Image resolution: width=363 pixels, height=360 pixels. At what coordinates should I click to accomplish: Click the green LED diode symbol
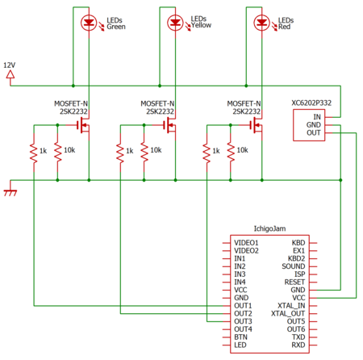click(89, 23)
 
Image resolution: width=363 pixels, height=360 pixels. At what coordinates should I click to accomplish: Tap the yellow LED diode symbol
click(175, 23)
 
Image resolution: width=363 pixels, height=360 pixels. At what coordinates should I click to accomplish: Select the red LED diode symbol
click(262, 23)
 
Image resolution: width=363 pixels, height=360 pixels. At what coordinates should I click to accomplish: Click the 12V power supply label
click(10, 65)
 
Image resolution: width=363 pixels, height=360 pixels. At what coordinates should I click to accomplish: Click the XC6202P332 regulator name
click(311, 103)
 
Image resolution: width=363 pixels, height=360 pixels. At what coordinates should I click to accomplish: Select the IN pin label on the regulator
click(317, 117)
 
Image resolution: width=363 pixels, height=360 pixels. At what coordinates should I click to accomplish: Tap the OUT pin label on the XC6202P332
click(314, 132)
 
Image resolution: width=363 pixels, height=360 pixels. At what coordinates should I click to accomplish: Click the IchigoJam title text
click(269, 228)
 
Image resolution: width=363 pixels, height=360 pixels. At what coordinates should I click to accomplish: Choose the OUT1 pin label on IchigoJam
click(243, 306)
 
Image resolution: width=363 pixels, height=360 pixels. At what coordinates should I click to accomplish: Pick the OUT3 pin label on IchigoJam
click(243, 321)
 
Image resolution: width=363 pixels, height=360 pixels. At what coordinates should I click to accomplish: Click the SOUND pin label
click(294, 266)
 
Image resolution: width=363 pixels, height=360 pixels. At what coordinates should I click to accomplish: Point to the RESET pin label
click(294, 282)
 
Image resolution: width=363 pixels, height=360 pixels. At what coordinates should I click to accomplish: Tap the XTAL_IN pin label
click(291, 306)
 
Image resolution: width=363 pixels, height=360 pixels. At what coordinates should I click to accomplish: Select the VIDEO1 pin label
click(246, 243)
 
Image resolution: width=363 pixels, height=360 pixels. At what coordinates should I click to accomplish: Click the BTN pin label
click(240, 337)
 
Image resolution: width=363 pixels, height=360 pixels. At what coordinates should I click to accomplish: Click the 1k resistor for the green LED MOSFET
click(34, 153)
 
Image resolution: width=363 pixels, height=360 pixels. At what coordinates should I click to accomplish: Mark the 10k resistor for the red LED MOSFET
click(231, 153)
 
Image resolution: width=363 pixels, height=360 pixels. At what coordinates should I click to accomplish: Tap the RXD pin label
click(298, 345)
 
